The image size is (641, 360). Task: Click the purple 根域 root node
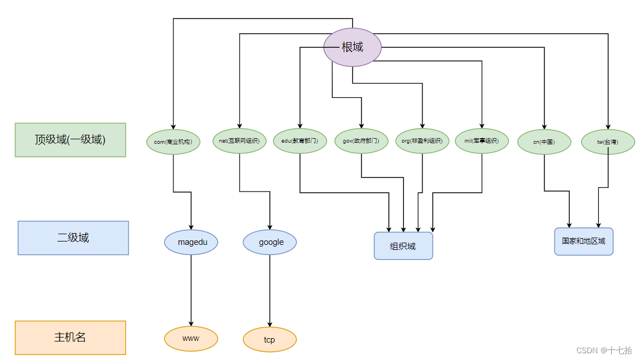(352, 47)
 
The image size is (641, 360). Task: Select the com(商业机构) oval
(173, 142)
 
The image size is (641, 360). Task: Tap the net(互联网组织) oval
(240, 141)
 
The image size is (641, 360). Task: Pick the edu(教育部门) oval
(300, 141)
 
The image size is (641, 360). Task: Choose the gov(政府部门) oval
(361, 141)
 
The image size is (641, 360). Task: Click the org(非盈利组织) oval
(422, 141)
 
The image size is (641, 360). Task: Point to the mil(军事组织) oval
(482, 141)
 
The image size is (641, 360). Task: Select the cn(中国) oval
(544, 142)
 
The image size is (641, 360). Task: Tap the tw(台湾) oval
(608, 142)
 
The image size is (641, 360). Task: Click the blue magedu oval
(191, 242)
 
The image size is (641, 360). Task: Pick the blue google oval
(270, 242)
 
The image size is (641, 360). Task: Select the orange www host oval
(191, 339)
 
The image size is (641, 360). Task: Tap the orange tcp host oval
(270, 340)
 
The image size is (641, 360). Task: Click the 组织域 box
(403, 246)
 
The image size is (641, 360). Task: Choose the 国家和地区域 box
(584, 241)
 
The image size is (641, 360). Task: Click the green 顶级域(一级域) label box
(70, 139)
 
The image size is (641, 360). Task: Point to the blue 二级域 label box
(73, 238)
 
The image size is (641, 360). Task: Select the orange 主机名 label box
(70, 338)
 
